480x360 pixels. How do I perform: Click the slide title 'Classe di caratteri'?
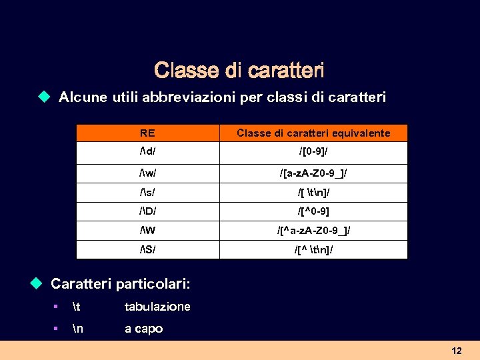pos(239,70)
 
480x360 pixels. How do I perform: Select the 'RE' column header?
pos(147,133)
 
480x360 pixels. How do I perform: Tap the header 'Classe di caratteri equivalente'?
pos(313,133)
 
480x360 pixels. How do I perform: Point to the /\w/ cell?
pos(148,173)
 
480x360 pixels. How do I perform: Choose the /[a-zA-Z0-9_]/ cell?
pos(313,173)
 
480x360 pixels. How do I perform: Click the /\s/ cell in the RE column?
pos(147,193)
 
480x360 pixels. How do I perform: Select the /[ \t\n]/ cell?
pos(313,193)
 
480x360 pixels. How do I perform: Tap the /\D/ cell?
pos(147,212)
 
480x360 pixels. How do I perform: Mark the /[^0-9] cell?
pos(313,212)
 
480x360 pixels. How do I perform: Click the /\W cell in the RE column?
pos(147,231)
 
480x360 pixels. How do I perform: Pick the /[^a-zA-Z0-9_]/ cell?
pos(313,231)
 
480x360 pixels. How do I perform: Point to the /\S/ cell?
pos(147,250)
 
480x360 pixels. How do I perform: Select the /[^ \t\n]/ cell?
pos(313,250)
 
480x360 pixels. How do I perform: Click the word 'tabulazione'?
pos(157,307)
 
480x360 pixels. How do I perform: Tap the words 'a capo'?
pos(143,329)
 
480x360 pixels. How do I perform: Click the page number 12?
pos(457,350)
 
